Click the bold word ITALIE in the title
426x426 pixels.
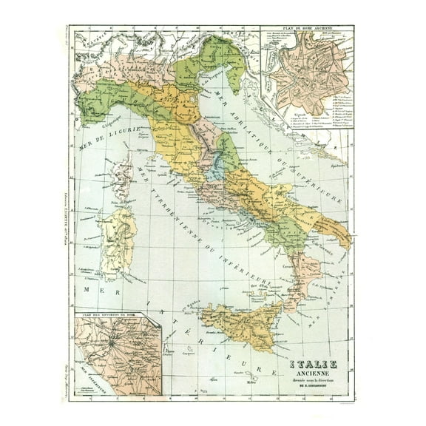313,364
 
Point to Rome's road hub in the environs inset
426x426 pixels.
111,344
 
